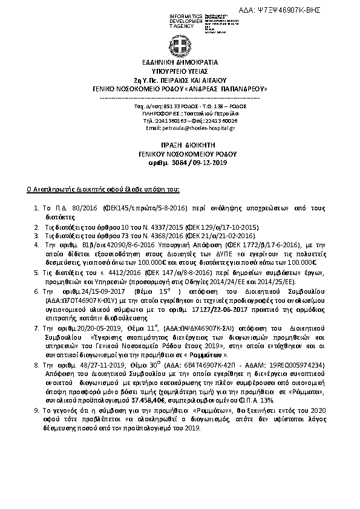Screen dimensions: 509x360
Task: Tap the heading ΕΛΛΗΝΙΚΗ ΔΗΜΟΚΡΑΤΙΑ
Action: [x=179, y=62]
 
